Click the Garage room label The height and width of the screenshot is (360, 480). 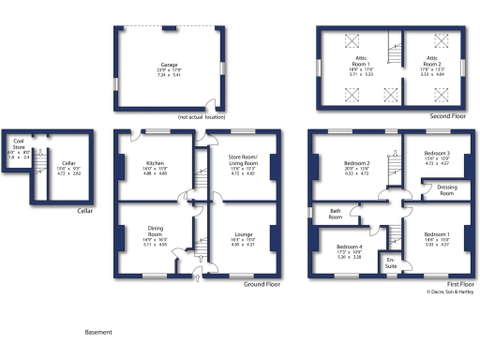click(169, 66)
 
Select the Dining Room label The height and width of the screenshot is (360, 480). click(155, 228)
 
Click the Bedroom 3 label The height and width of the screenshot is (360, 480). click(437, 153)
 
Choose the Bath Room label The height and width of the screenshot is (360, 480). click(335, 214)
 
